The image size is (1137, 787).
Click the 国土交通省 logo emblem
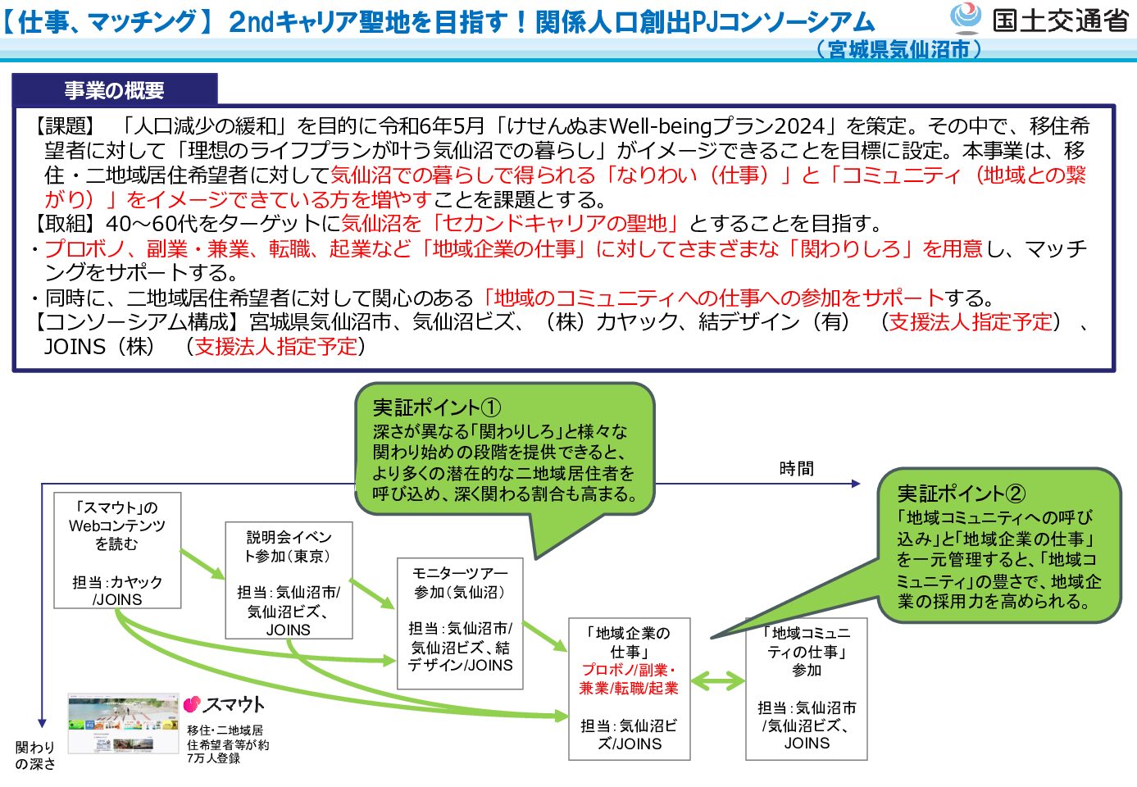[x=966, y=18]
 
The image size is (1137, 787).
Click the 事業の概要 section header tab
[x=115, y=90]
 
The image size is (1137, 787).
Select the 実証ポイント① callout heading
[x=436, y=407]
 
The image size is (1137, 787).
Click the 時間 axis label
[x=796, y=469]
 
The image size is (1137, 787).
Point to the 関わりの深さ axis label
[x=35, y=755]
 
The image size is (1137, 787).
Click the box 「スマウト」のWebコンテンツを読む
[x=117, y=550]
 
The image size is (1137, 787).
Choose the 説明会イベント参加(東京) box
[x=289, y=580]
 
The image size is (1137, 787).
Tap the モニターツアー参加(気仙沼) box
[x=460, y=624]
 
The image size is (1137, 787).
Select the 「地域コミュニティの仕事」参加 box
[x=806, y=689]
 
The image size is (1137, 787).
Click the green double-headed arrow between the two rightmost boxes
[x=717, y=680]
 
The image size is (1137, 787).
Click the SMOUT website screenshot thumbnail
[x=123, y=723]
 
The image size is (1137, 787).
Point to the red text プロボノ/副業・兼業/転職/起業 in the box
[x=629, y=679]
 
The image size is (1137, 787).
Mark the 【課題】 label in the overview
[x=65, y=126]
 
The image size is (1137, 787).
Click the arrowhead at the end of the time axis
[x=856, y=484]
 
